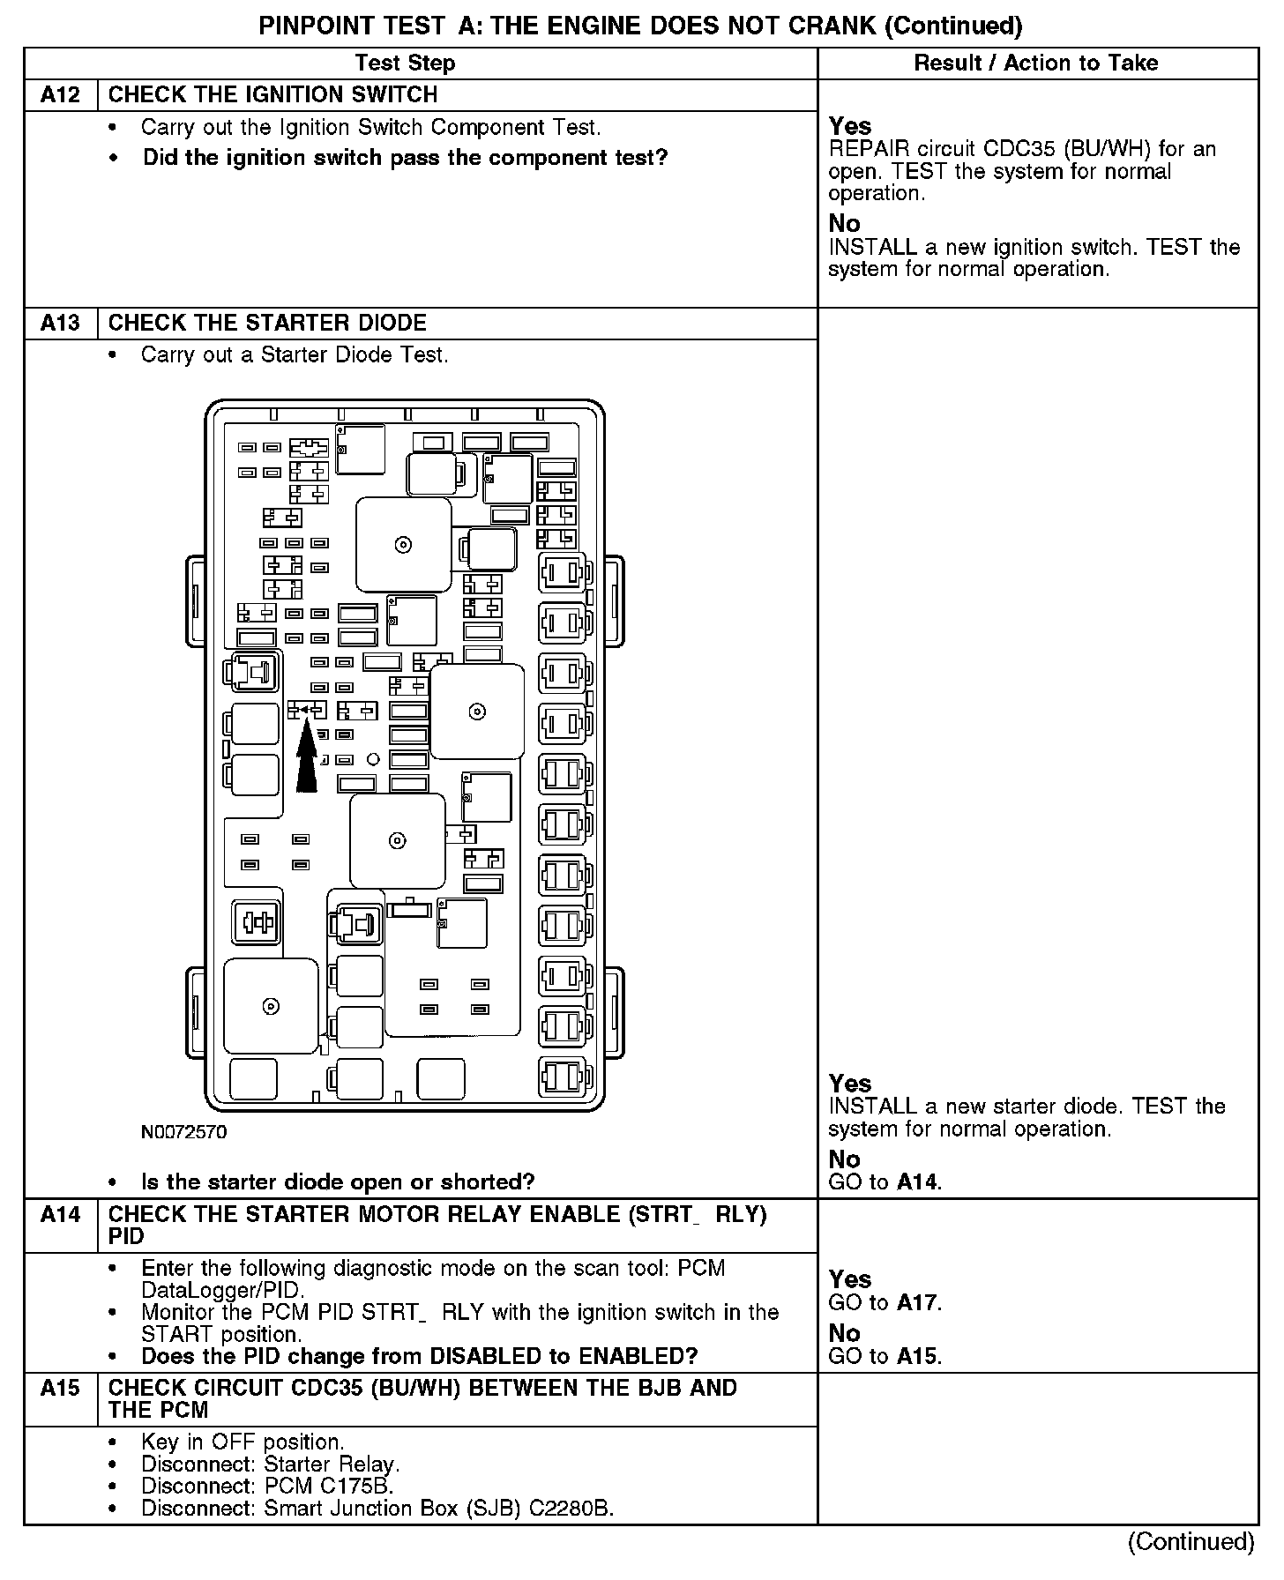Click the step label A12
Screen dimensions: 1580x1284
tap(60, 95)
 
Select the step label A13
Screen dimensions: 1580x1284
tap(60, 323)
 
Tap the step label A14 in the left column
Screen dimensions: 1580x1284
tap(60, 1215)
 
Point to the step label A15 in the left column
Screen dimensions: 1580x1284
tap(60, 1389)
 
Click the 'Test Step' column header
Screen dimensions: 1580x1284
tap(405, 63)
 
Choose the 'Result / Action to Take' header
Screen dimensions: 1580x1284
tap(1036, 63)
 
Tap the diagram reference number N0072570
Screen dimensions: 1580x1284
tap(183, 1132)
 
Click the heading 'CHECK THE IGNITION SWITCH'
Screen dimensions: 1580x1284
tap(272, 95)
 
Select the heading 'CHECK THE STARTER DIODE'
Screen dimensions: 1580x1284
tap(267, 323)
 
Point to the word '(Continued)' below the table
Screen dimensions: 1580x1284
tap(1191, 1541)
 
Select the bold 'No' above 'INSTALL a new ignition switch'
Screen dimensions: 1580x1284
tap(844, 224)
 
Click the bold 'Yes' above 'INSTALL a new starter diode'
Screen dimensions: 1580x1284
tap(850, 1084)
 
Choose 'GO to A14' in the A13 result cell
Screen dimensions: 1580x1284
tap(885, 1182)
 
